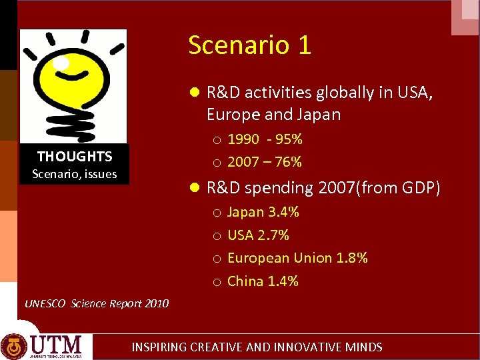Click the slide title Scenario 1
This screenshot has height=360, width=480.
pyautogui.click(x=249, y=45)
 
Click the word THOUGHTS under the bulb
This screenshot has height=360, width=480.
pyautogui.click(x=75, y=157)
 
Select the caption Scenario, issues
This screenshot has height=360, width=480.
pyautogui.click(x=75, y=174)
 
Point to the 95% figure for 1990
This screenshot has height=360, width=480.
pyautogui.click(x=289, y=139)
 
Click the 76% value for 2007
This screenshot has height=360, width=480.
pyautogui.click(x=288, y=162)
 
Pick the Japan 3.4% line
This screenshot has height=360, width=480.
pyautogui.click(x=263, y=213)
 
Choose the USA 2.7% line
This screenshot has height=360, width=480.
pyautogui.click(x=258, y=235)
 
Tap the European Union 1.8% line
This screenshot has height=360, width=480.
pyautogui.click(x=297, y=258)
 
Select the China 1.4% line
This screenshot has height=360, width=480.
pyautogui.click(x=263, y=281)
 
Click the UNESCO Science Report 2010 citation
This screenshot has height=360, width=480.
pyautogui.click(x=97, y=303)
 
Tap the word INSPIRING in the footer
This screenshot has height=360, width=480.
pyautogui.click(x=159, y=347)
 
